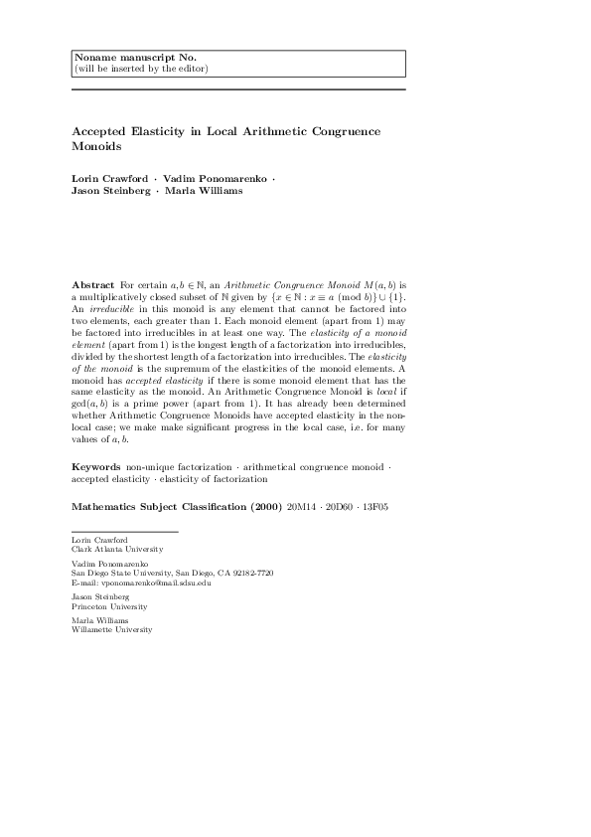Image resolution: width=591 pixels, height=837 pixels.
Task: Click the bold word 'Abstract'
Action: (x=93, y=284)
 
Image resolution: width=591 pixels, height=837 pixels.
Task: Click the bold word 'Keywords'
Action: (x=97, y=466)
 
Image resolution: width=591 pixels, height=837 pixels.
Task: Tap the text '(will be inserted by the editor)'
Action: (x=141, y=69)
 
